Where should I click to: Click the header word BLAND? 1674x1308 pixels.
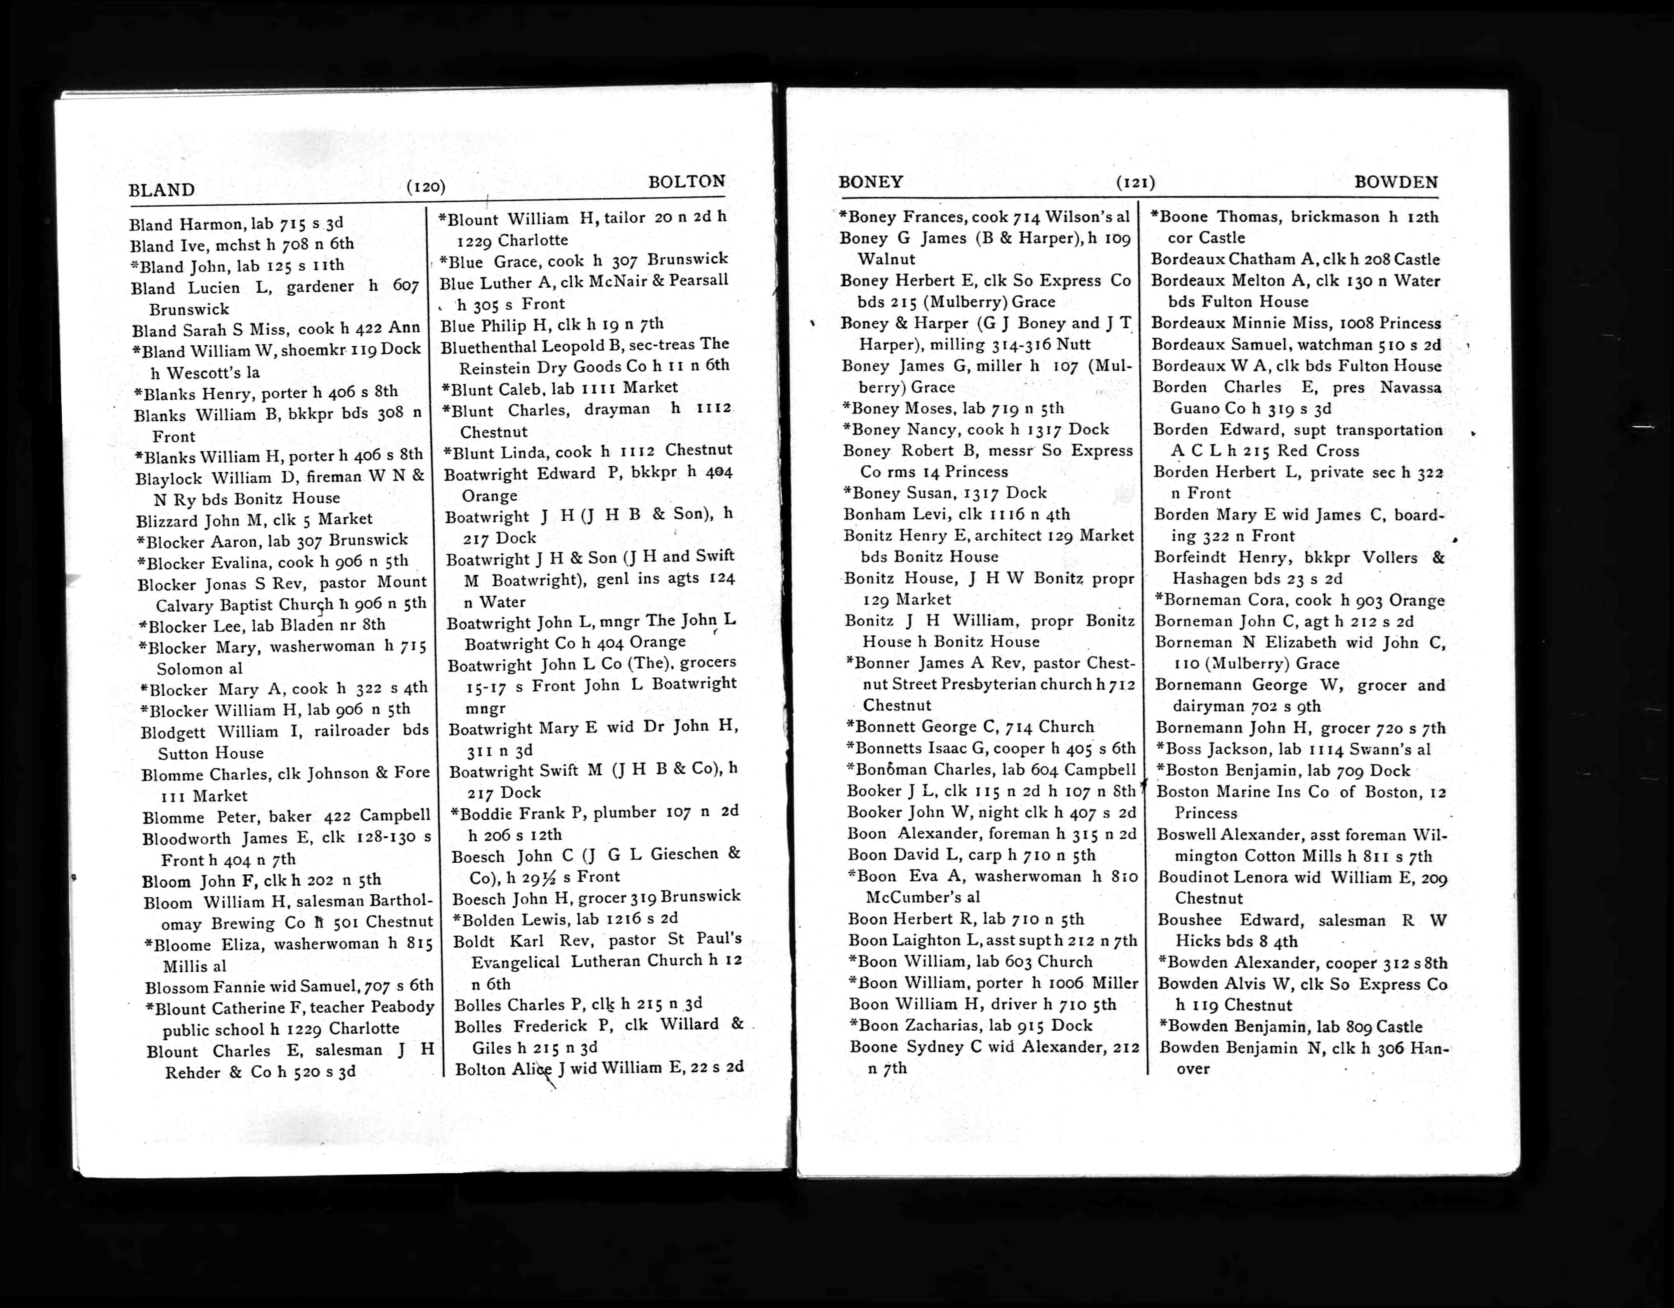click(x=162, y=189)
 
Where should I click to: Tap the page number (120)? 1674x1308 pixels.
click(x=426, y=186)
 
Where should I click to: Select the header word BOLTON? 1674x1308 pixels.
click(x=686, y=182)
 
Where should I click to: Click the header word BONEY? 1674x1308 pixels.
click(x=871, y=182)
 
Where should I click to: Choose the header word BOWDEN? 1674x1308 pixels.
click(x=1396, y=182)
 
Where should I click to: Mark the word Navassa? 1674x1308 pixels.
click(x=1411, y=387)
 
